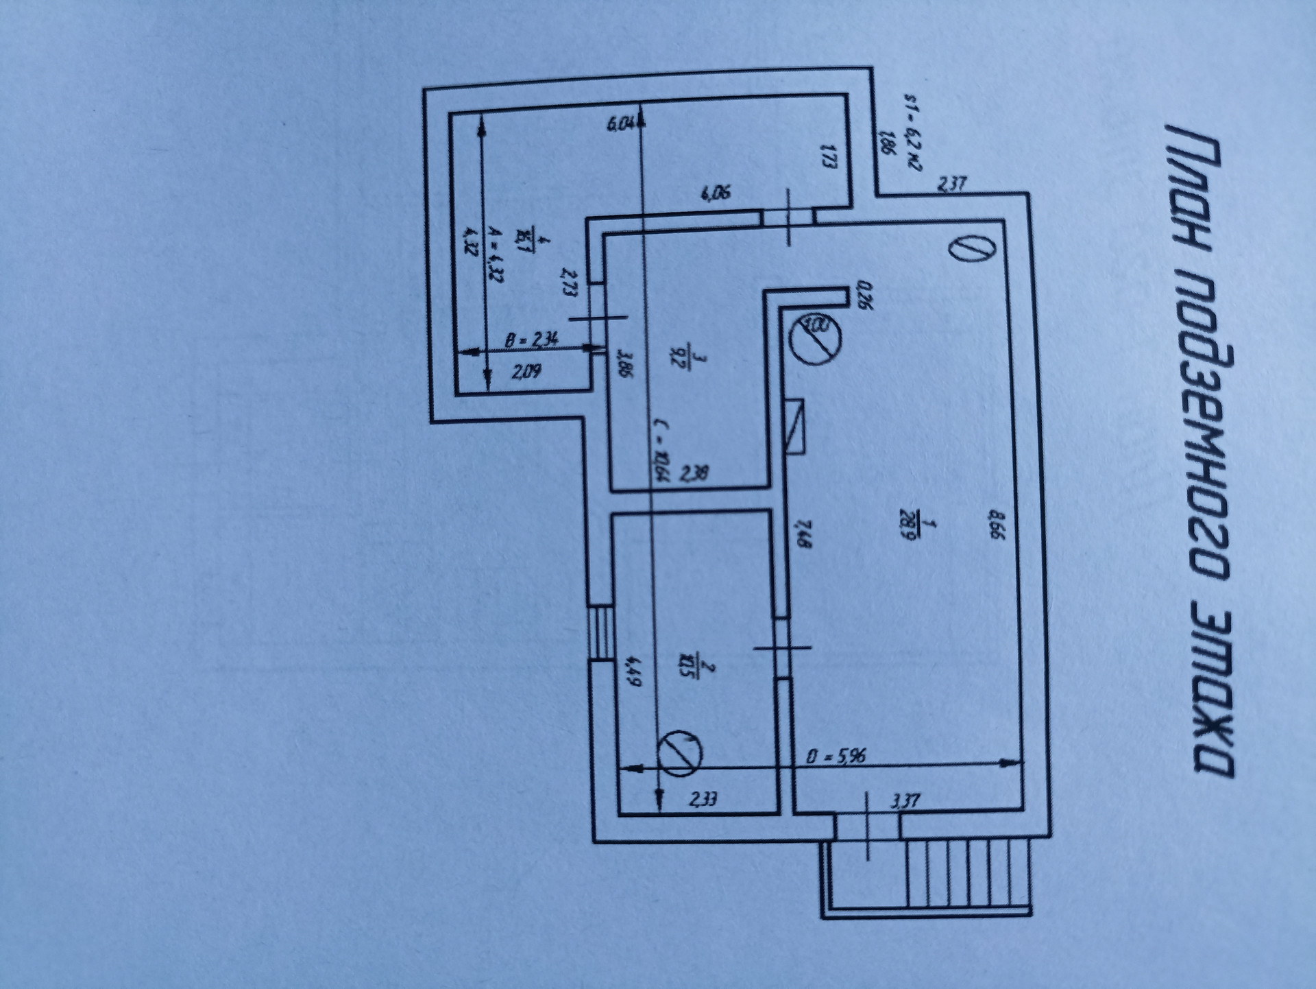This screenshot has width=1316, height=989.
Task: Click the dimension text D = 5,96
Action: point(837,757)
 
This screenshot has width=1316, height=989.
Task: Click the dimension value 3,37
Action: point(905,800)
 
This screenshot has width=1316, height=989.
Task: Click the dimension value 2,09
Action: point(526,372)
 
